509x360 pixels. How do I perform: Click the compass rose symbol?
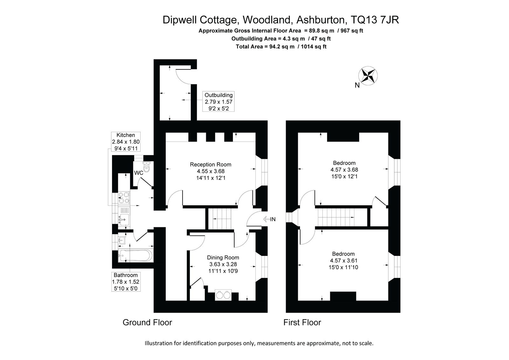click(368, 76)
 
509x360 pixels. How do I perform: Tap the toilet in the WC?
click(147, 167)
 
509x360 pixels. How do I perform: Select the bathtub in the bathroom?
click(136, 255)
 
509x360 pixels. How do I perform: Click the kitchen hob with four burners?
click(124, 198)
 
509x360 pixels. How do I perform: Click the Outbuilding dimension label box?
click(218, 102)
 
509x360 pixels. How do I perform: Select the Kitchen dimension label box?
click(126, 141)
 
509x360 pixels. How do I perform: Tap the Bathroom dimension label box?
click(126, 282)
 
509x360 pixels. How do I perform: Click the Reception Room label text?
click(211, 165)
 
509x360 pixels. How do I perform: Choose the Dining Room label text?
click(223, 258)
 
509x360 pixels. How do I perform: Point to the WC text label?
click(139, 173)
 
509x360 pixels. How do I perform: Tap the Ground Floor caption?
click(147, 322)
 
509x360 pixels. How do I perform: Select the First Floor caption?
click(302, 322)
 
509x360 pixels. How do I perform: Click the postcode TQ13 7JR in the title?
click(375, 20)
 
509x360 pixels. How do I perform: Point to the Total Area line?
click(281, 46)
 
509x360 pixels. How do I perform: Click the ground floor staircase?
click(220, 219)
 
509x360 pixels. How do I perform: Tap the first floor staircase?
click(336, 217)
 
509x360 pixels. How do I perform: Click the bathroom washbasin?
click(122, 240)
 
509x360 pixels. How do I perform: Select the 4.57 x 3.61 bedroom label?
click(343, 260)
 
